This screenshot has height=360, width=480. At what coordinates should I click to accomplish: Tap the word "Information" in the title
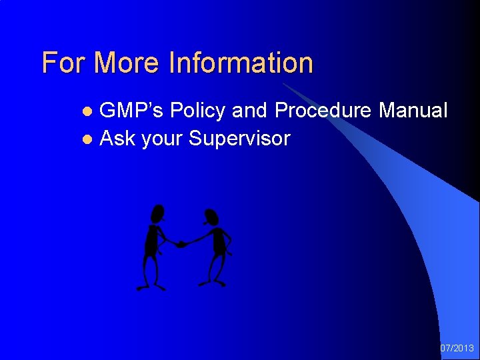241,63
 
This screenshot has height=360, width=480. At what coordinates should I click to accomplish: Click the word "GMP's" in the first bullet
131,111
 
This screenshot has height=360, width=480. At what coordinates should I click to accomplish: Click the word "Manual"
413,111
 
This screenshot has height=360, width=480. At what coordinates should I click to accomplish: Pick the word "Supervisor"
239,139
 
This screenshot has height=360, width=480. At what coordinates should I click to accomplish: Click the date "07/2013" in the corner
457,348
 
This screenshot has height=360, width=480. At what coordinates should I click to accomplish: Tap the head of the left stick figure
157,213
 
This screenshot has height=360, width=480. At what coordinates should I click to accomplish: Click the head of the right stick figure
211,217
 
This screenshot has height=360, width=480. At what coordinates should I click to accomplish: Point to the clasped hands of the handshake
181,244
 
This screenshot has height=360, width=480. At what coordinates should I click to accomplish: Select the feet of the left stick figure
151,287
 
